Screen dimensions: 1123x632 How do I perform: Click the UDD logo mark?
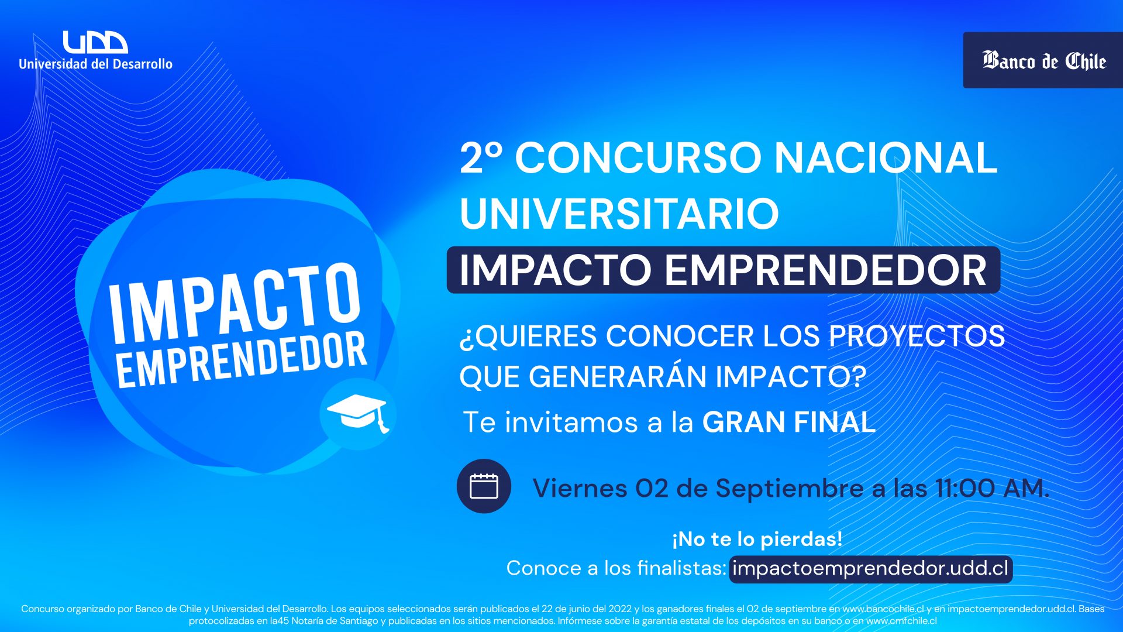pos(95,42)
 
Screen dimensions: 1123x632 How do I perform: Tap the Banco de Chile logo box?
pos(1043,60)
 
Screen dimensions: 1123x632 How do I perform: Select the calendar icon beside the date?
pos(484,486)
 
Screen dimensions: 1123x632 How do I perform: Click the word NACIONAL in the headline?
pos(886,158)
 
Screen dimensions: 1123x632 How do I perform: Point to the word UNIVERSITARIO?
pos(619,214)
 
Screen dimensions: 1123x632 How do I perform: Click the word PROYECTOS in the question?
pos(917,336)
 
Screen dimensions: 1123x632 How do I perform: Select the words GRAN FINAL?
pos(788,422)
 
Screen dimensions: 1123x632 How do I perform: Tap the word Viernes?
pos(580,488)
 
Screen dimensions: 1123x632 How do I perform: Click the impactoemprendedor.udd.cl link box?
pos(871,569)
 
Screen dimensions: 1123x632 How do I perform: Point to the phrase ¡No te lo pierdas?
pos(757,539)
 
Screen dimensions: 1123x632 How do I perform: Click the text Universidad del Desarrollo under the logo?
pos(96,64)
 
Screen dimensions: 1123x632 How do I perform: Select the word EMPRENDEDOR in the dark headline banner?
pos(826,270)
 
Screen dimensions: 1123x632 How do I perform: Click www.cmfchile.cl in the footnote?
pos(901,621)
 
